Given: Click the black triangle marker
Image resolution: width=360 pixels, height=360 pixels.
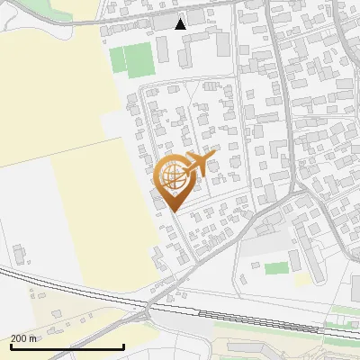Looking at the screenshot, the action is [181, 24].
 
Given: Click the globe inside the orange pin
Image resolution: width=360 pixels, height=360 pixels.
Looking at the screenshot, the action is [172, 175].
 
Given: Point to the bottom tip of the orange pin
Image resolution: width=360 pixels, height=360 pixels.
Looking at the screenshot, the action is [172, 211].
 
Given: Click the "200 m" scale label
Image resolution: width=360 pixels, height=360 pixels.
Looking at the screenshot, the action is [23, 338].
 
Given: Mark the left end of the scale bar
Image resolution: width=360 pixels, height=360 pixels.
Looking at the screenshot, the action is [11, 346].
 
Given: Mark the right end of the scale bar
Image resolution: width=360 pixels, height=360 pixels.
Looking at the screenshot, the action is [123, 346].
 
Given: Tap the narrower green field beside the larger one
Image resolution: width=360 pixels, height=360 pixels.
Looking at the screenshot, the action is [117, 59].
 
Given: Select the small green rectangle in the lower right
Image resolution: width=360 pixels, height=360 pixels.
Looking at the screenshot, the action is [277, 268].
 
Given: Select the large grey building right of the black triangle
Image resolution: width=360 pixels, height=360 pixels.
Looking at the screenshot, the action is [196, 18].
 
